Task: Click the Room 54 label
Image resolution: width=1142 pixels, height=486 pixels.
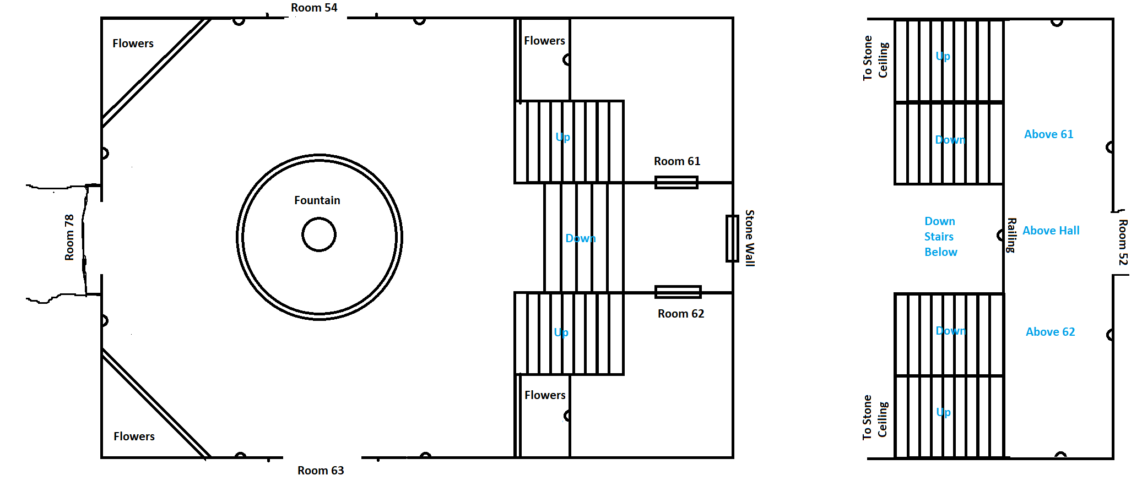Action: (314, 8)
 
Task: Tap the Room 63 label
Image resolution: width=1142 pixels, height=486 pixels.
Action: (321, 471)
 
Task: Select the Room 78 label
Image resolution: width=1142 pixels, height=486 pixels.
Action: (69, 237)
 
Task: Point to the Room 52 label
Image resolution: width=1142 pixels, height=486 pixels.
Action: (1123, 242)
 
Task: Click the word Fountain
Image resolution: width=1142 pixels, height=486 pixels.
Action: (317, 200)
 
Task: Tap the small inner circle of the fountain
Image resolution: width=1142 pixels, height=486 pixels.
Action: (319, 234)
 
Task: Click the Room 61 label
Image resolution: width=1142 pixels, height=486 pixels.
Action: (677, 161)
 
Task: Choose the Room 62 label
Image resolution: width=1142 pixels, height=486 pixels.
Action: (681, 314)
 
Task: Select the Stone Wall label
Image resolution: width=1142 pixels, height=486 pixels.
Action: (750, 238)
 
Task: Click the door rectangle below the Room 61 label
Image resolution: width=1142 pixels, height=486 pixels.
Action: (676, 182)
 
